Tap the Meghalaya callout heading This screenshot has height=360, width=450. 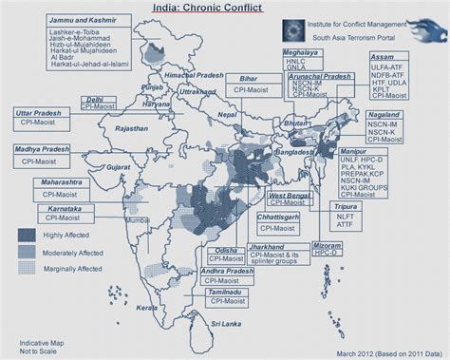click(x=302, y=54)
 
